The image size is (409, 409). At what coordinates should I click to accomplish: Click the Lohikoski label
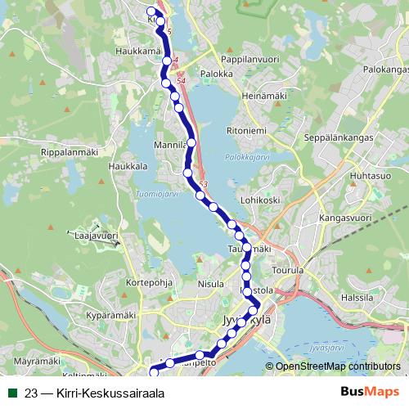coord(262,199)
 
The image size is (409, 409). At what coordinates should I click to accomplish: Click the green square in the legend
coord(11,393)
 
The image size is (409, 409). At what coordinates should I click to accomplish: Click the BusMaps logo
coord(370,392)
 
